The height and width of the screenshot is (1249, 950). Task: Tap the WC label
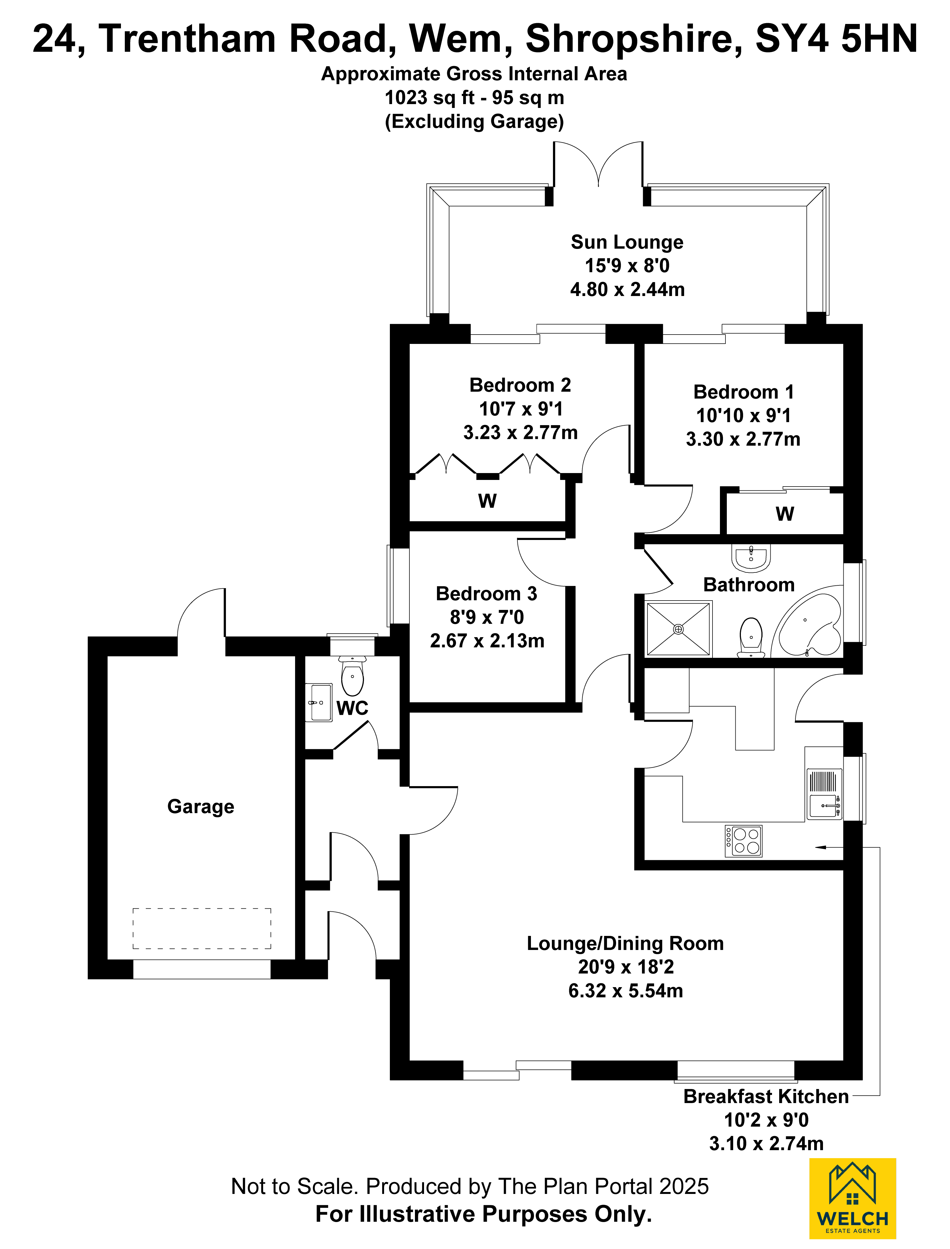352,708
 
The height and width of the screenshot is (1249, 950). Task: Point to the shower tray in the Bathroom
679,629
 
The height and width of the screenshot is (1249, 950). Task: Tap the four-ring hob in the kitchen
744,841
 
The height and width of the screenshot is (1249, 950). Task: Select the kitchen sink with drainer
824,794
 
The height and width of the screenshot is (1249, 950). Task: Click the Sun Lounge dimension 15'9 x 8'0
627,266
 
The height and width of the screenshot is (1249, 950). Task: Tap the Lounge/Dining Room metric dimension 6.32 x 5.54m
626,991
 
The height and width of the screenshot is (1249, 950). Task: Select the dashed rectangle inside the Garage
202,928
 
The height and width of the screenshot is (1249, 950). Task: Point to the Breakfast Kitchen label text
766,1096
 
